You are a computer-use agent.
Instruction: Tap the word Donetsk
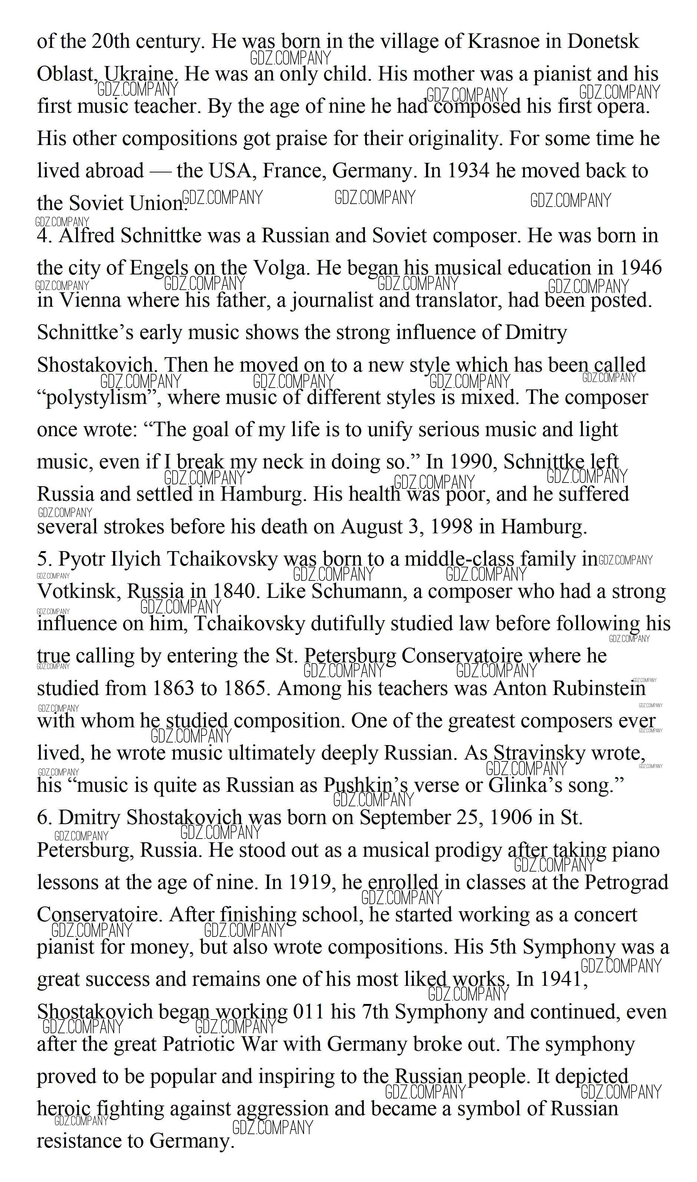[603, 41]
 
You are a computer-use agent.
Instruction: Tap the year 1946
[641, 268]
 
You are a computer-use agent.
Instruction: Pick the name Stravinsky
[539, 754]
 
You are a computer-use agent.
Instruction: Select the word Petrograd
[626, 882]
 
